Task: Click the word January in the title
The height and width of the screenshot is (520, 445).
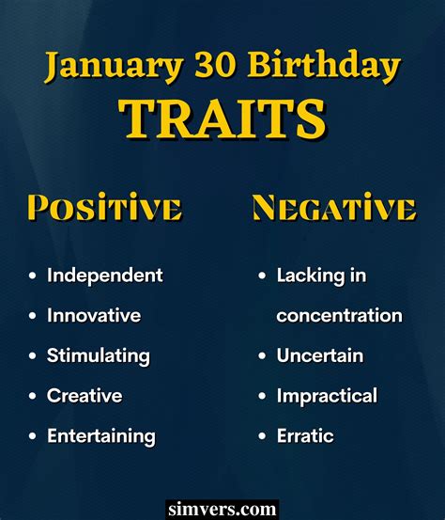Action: point(115,66)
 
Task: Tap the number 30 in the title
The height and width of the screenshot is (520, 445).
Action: point(215,64)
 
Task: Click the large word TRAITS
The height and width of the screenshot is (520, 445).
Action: point(222,119)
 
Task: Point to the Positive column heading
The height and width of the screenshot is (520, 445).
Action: point(104,207)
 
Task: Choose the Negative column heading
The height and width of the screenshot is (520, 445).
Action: point(334,208)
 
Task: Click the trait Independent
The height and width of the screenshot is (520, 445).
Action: point(105,276)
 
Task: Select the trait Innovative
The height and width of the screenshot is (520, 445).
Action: point(94,315)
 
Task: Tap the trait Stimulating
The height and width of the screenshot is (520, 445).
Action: point(99,356)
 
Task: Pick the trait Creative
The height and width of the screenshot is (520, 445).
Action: point(84,396)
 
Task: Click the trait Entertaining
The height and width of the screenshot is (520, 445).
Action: point(101,436)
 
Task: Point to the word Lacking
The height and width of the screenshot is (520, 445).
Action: point(311,276)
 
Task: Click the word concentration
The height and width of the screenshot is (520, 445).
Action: point(339,315)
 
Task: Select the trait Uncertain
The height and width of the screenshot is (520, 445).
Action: point(320,355)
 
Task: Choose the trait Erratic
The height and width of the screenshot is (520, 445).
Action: point(305,435)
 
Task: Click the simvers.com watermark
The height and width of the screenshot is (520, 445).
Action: point(222,510)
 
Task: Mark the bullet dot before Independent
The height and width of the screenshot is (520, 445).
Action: point(33,276)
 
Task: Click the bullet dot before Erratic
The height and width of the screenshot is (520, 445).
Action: point(262,435)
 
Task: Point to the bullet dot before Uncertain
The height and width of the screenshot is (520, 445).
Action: point(262,355)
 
